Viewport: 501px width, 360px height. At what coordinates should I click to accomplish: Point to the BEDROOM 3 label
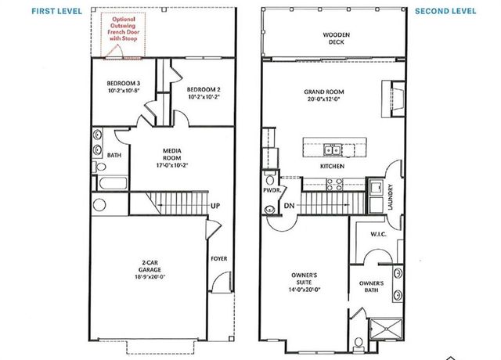click(124, 86)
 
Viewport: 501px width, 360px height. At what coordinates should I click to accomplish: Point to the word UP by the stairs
click(214, 206)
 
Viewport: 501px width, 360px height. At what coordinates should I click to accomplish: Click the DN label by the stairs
click(289, 205)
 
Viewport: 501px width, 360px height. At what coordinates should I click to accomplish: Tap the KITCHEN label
click(333, 167)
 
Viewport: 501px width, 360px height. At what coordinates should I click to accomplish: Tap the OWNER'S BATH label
click(372, 286)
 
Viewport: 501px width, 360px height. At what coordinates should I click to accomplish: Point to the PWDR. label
click(271, 189)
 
